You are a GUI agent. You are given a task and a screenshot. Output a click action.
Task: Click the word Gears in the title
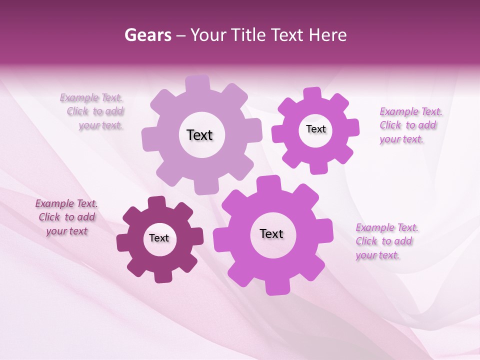(x=147, y=35)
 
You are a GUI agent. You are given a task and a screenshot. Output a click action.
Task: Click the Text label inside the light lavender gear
(x=199, y=135)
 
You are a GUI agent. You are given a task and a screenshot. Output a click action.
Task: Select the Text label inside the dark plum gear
(x=159, y=238)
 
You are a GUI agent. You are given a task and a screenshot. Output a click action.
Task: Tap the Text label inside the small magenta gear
(x=315, y=129)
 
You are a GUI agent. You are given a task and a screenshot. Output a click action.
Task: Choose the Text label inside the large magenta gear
(x=271, y=233)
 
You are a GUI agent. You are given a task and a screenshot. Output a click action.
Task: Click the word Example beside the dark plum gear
(x=54, y=203)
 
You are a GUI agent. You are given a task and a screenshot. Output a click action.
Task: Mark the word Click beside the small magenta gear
(x=390, y=125)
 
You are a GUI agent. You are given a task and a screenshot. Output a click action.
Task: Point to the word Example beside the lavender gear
(x=79, y=97)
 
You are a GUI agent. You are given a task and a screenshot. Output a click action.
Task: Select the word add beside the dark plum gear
(x=85, y=217)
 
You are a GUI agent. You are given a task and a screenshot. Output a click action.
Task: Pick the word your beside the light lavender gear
(x=89, y=125)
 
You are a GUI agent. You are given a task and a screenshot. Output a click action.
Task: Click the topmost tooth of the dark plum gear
(x=156, y=203)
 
